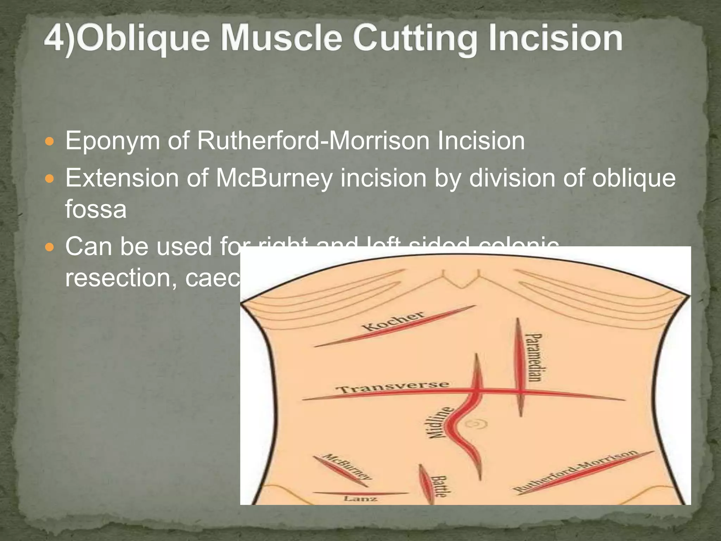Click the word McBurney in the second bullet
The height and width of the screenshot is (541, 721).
[274, 178]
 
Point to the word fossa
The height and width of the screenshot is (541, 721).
[96, 209]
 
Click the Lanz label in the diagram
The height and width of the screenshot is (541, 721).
[360, 499]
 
